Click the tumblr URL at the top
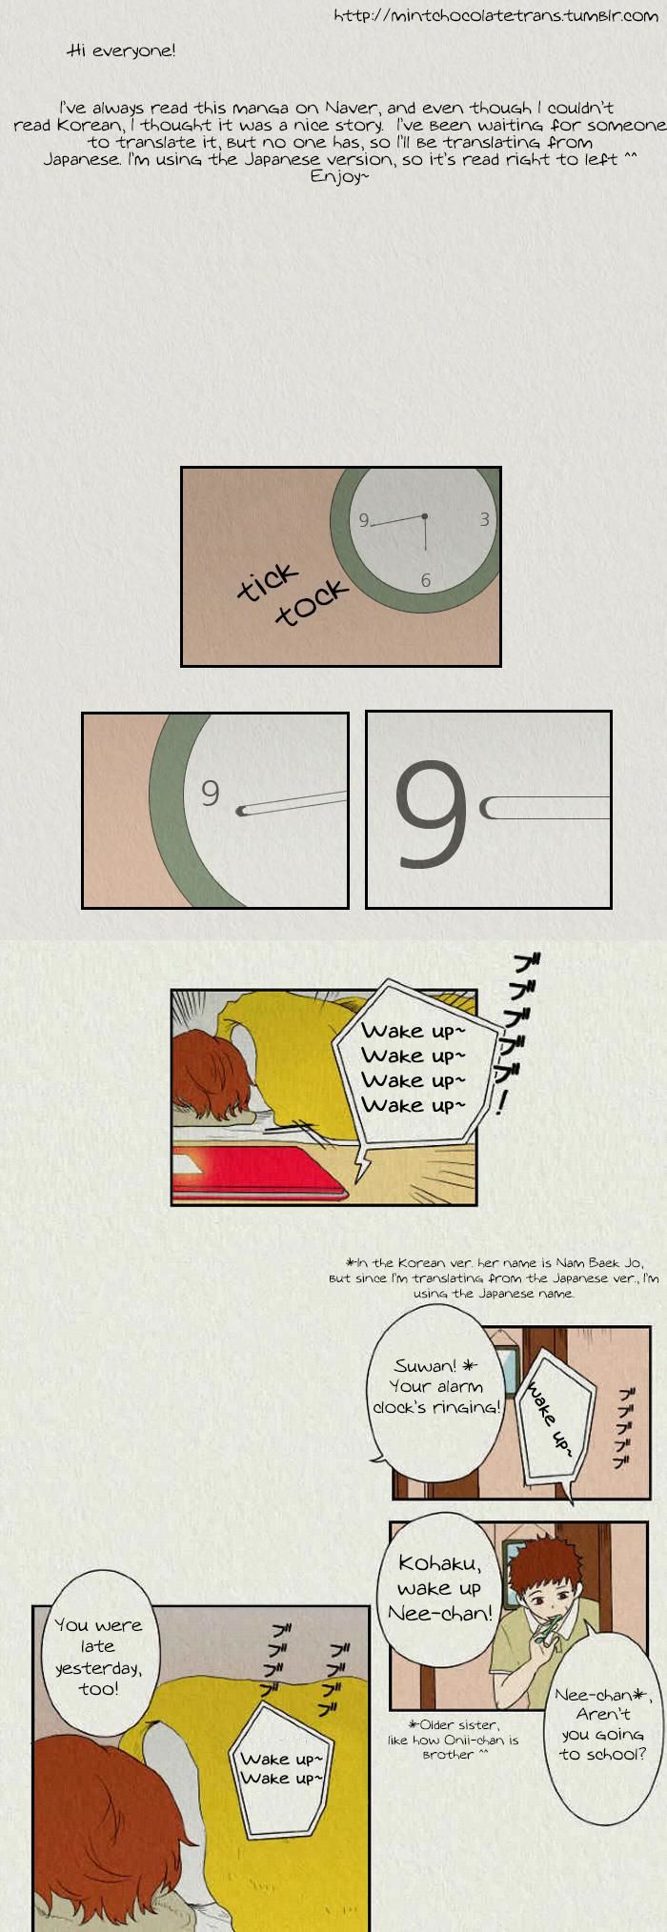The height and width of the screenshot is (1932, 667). (x=495, y=16)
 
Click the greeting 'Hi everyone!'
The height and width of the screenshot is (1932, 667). (x=122, y=50)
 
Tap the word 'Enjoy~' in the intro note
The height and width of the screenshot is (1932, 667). (x=338, y=177)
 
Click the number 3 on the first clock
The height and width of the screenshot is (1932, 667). (x=484, y=519)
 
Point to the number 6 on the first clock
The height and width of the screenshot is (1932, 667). (x=425, y=580)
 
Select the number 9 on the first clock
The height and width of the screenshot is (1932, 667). (x=363, y=520)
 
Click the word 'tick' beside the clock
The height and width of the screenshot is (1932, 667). (x=268, y=583)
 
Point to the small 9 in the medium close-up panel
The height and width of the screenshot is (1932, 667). (x=211, y=792)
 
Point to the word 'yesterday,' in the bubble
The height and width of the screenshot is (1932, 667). (x=98, y=1668)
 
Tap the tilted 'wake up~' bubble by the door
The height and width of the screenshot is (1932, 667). (x=554, y=1416)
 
